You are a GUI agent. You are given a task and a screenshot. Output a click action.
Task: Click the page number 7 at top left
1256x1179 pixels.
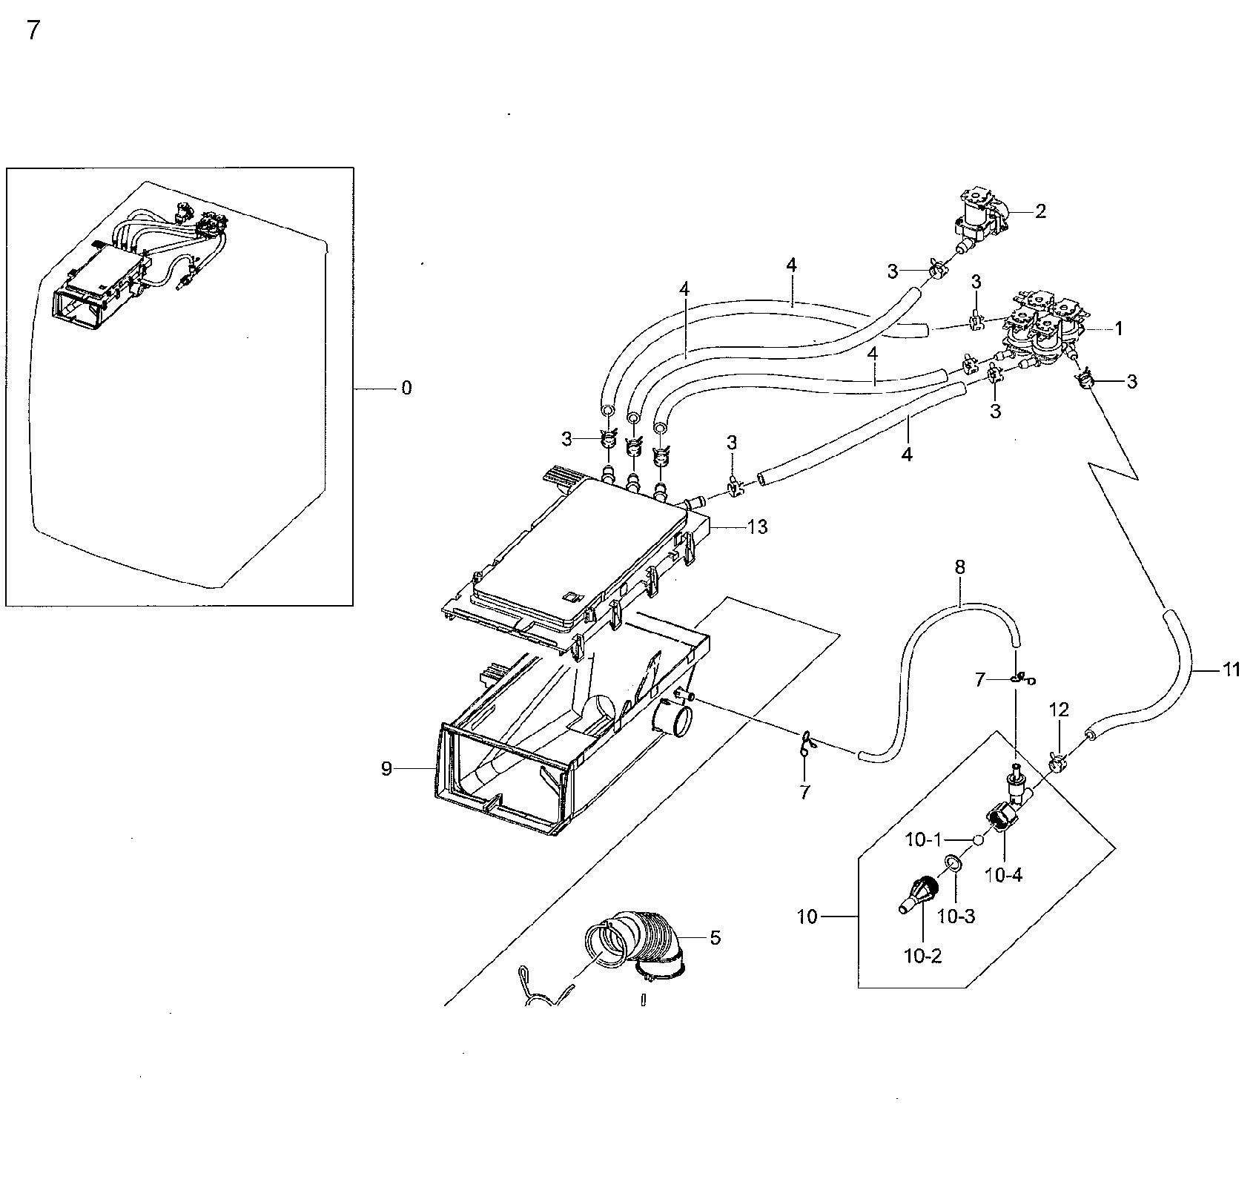pyautogui.click(x=33, y=31)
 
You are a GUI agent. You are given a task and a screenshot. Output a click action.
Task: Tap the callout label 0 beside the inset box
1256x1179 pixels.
pyautogui.click(x=406, y=388)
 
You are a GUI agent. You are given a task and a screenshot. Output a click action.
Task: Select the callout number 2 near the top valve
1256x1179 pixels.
pyautogui.click(x=1040, y=211)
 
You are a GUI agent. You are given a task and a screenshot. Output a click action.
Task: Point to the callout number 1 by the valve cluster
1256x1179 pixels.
pyautogui.click(x=1118, y=329)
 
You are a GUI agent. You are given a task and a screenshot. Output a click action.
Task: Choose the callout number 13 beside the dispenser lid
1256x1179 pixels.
pyautogui.click(x=758, y=527)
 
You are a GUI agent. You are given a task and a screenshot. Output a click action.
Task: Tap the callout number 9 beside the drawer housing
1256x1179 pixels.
pyautogui.click(x=386, y=769)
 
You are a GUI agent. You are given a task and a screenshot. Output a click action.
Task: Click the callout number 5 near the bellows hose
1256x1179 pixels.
pyautogui.click(x=715, y=938)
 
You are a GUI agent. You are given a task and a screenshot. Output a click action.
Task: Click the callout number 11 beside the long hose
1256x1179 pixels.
pyautogui.click(x=1232, y=670)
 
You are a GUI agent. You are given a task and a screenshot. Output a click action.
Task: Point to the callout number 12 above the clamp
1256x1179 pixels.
pyautogui.click(x=1059, y=710)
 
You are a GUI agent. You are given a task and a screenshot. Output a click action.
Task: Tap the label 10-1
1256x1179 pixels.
pyautogui.click(x=923, y=840)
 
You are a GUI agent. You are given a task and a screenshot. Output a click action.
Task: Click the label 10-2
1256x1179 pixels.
pyautogui.click(x=922, y=957)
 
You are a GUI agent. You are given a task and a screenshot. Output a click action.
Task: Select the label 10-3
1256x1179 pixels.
pyautogui.click(x=956, y=917)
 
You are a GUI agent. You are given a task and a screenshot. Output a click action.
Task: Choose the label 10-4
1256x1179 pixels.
pyautogui.click(x=1004, y=876)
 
